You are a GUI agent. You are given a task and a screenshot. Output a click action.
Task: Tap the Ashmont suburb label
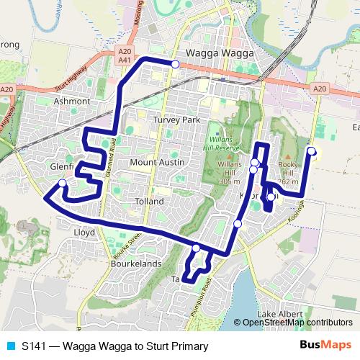(72, 102)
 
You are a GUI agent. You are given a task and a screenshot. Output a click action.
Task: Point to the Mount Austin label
(157, 163)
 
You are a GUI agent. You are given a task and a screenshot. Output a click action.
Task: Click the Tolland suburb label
(150, 202)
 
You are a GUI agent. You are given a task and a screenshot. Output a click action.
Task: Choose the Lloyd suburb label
(84, 233)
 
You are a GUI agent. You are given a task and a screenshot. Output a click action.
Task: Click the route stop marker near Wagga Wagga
(175, 64)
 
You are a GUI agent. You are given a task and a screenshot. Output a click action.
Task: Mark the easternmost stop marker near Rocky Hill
(311, 150)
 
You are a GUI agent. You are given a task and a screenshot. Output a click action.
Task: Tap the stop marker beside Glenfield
(63, 183)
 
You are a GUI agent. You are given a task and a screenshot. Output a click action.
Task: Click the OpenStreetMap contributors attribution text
(297, 323)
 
